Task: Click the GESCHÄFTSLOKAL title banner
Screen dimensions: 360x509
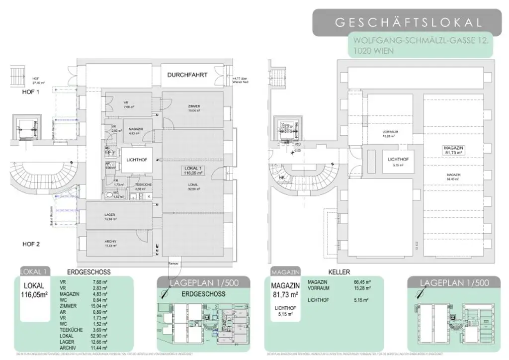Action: [408, 22]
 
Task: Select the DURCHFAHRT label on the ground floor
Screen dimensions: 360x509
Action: [187, 75]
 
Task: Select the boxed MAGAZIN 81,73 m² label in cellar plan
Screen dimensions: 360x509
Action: [453, 151]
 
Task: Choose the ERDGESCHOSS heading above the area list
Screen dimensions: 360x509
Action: [88, 272]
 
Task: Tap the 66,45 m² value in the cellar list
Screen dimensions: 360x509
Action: [360, 281]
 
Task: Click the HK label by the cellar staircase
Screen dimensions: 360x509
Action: [282, 178]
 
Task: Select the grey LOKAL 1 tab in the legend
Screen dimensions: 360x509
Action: [34, 272]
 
